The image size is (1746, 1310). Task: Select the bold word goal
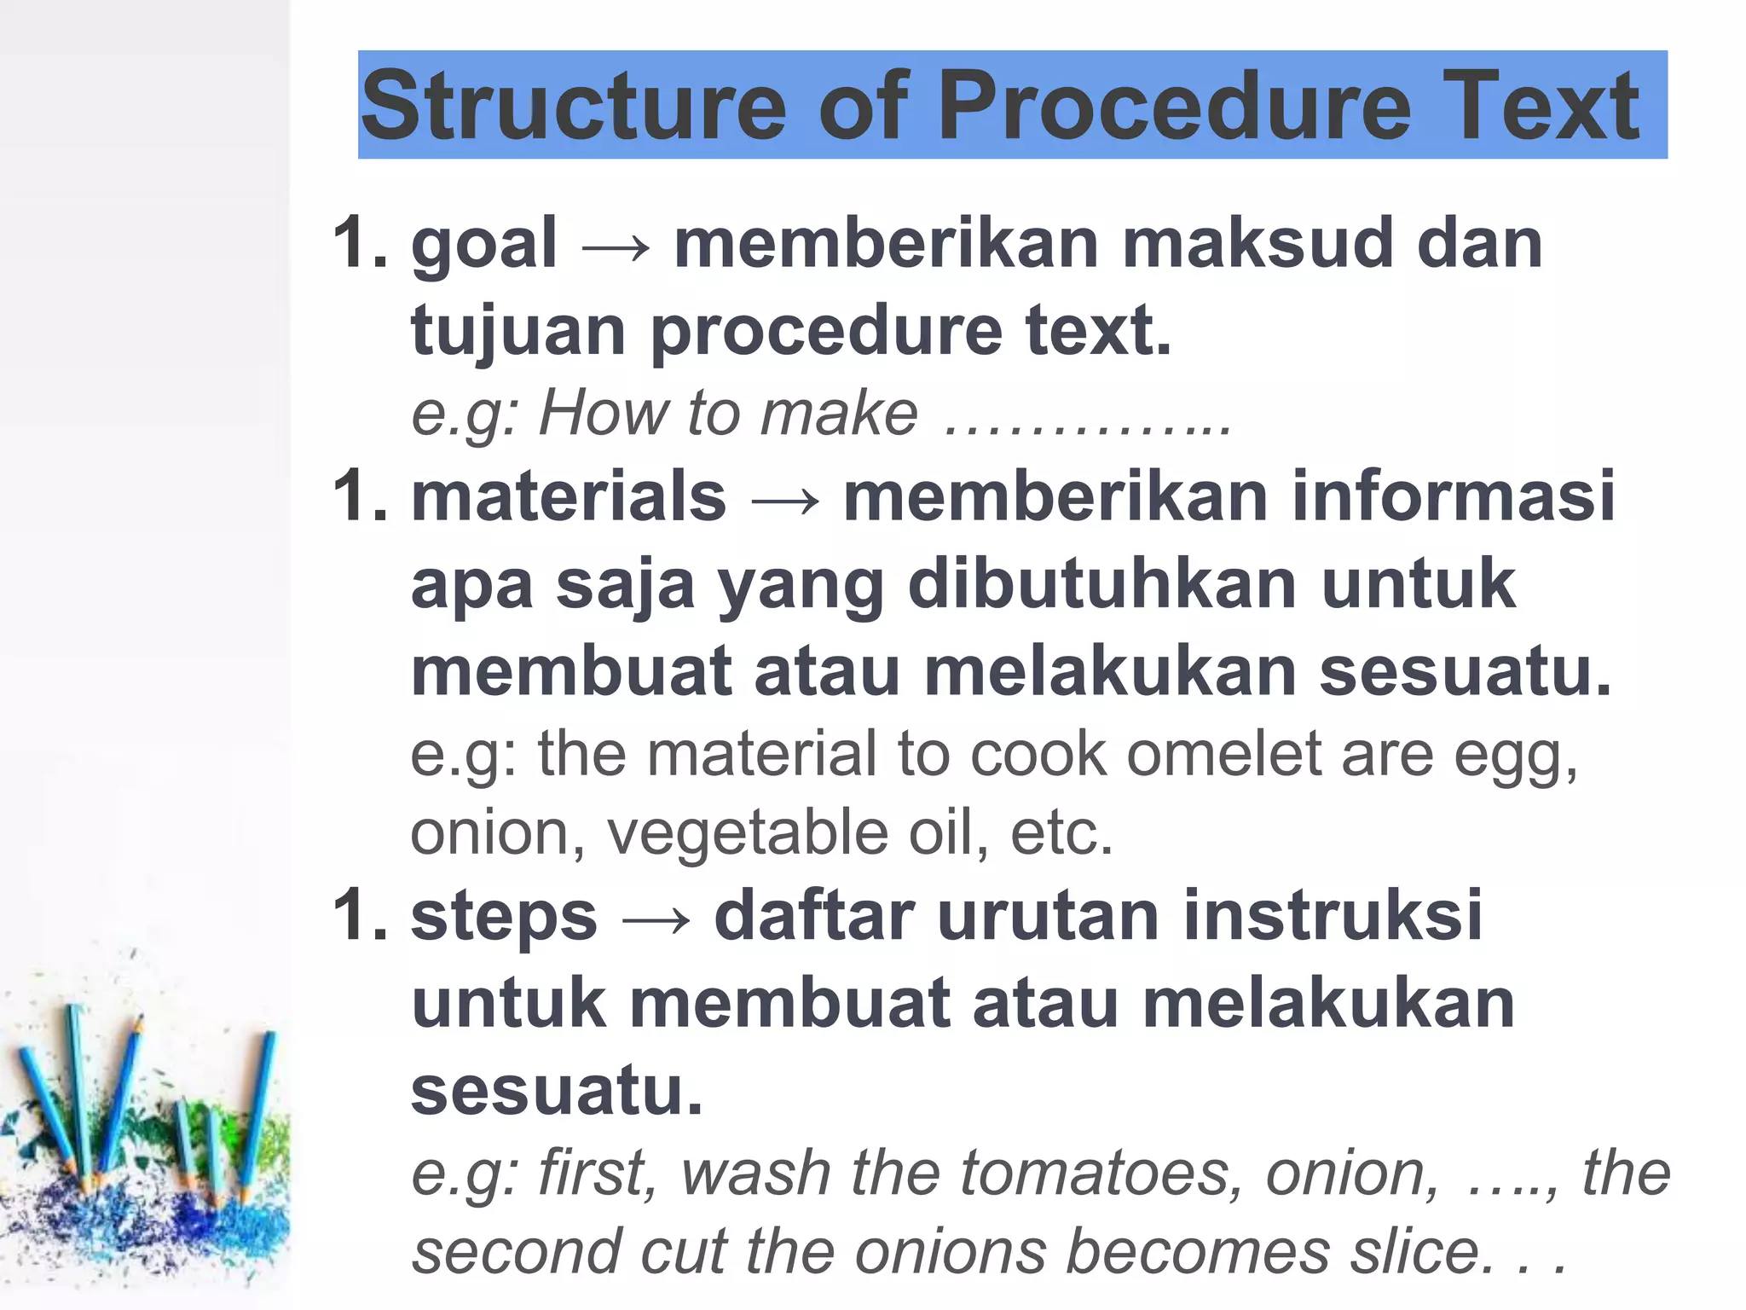coord(484,245)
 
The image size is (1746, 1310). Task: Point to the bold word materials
coord(569,496)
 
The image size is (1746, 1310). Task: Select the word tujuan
coord(518,331)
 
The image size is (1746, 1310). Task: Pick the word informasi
coord(1453,496)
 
